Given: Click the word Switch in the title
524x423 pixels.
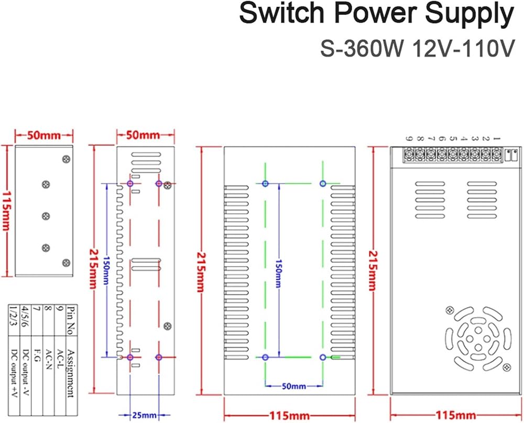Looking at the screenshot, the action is coord(282,14).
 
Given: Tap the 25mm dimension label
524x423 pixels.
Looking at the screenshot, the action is coord(145,415).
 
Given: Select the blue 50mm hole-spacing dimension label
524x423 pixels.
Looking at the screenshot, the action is coord(294,386).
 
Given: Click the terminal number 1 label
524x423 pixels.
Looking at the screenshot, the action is coord(497,138).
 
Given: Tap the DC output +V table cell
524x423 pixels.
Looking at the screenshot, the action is coord(14,374).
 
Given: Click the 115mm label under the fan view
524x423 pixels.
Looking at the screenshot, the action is coord(455,415).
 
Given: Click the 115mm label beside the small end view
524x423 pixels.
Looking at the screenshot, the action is coord(6,211).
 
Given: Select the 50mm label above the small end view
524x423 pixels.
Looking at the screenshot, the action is coord(44,135).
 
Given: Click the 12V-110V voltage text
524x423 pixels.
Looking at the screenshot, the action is coord(463,49).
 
